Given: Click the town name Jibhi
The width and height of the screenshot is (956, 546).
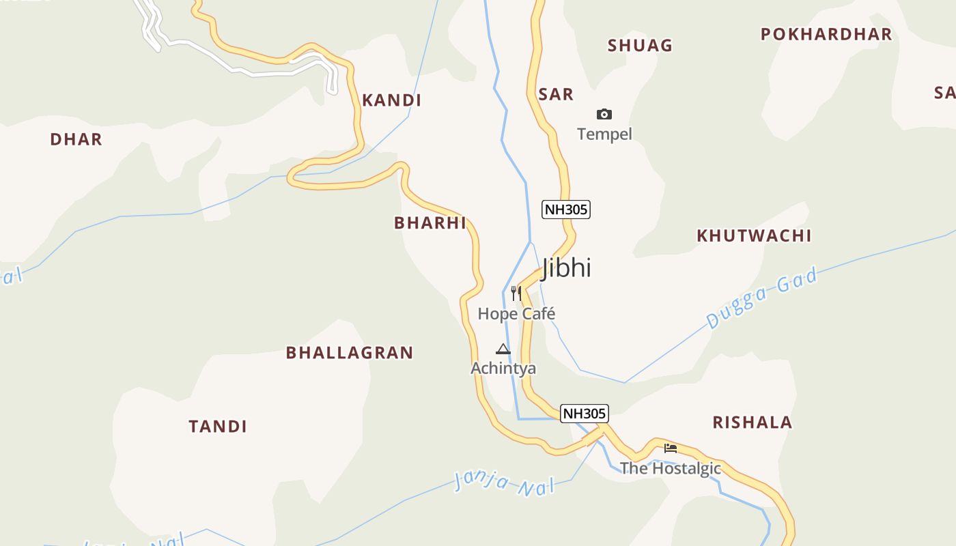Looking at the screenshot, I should tap(566, 268).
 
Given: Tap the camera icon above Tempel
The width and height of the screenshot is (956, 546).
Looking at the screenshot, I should tap(604, 114).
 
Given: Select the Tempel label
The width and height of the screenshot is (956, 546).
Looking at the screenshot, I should tap(604, 134).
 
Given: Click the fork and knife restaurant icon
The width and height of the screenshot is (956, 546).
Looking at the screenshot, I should tap(516, 293).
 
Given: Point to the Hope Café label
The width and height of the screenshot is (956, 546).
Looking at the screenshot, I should tap(516, 314).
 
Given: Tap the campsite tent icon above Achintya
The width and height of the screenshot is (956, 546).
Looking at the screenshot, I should tap(503, 349).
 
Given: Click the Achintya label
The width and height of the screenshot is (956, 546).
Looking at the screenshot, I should tap(503, 369).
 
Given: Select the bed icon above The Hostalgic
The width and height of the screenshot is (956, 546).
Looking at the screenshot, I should tap(671, 448).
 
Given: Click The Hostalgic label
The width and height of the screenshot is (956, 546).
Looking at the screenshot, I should tap(671, 468).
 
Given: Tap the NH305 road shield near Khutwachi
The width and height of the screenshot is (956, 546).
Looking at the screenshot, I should tap(566, 210).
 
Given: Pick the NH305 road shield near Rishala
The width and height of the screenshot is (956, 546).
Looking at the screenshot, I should tap(585, 414).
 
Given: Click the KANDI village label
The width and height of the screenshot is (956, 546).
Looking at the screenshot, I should tap(391, 100).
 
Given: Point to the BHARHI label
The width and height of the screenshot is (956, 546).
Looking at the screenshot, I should tap(430, 222).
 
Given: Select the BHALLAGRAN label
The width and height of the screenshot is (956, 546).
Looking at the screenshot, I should tap(350, 353).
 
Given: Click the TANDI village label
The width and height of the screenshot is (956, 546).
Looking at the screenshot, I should tap(218, 427).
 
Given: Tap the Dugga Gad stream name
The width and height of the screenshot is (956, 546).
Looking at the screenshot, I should tap(761, 298).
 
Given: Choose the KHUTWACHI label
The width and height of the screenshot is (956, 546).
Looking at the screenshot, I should tap(754, 235).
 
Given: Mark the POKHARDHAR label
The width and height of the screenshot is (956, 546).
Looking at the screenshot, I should tap(826, 34).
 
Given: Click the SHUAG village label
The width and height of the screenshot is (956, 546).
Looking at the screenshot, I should tap(640, 46).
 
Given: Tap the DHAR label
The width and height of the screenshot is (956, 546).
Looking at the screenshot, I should tap(76, 139).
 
